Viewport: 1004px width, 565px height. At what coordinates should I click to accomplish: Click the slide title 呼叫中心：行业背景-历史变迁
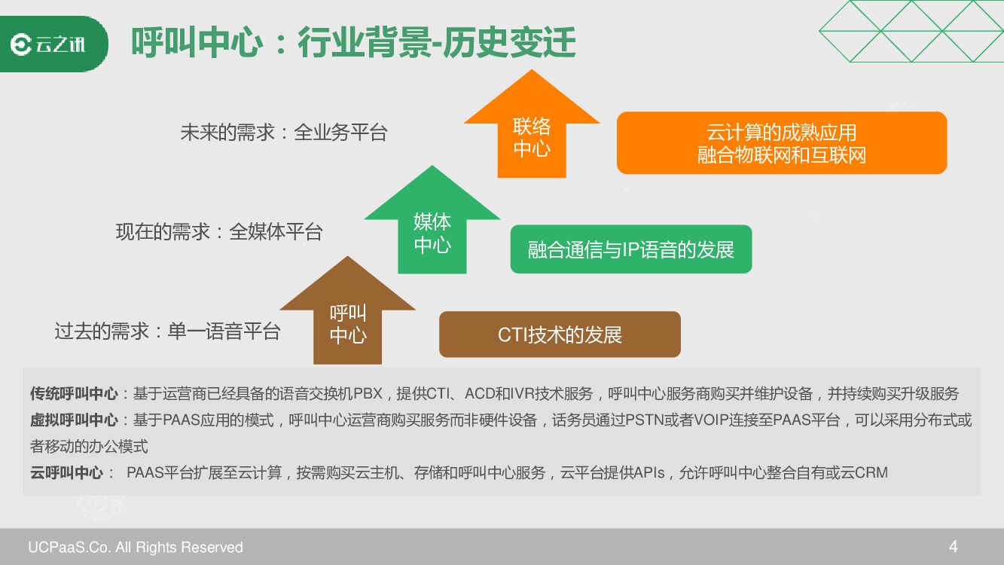pyautogui.click(x=353, y=44)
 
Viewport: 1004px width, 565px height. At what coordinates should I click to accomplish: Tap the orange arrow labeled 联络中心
pyautogui.click(x=532, y=136)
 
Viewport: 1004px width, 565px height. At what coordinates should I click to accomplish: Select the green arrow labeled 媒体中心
pyautogui.click(x=432, y=232)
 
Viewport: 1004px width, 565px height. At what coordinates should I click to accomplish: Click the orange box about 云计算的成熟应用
pyautogui.click(x=781, y=143)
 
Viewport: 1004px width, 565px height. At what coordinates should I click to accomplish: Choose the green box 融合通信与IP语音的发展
pyautogui.click(x=630, y=249)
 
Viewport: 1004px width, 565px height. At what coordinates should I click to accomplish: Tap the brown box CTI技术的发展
pyautogui.click(x=560, y=334)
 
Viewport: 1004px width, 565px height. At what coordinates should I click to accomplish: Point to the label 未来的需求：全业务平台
pyautogui.click(x=283, y=133)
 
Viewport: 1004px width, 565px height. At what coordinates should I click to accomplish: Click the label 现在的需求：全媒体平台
pyautogui.click(x=218, y=231)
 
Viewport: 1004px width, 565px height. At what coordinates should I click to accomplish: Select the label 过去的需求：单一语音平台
pyautogui.click(x=167, y=331)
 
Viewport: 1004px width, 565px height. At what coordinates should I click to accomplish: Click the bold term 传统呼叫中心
pyautogui.click(x=74, y=394)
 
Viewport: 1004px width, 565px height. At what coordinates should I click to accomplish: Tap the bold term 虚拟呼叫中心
pyautogui.click(x=74, y=420)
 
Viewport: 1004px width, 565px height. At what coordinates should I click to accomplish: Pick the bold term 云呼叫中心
pyautogui.click(x=66, y=473)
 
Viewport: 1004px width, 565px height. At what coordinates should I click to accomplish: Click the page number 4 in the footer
pyautogui.click(x=954, y=546)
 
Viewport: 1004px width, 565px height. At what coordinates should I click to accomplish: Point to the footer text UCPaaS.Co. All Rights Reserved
pyautogui.click(x=136, y=547)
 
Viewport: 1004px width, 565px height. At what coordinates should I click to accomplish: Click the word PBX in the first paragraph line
pyautogui.click(x=368, y=394)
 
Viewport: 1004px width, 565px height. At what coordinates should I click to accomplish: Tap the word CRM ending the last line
pyautogui.click(x=871, y=473)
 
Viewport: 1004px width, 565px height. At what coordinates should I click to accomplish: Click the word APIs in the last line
pyautogui.click(x=648, y=473)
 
